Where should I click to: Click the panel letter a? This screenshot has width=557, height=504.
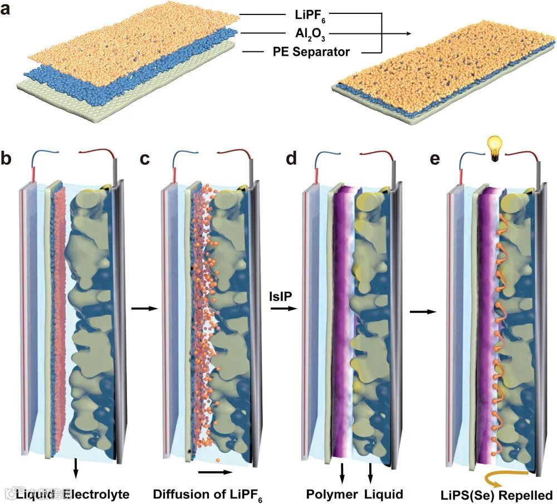pos(8,9)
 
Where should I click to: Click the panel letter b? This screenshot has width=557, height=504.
pos(8,159)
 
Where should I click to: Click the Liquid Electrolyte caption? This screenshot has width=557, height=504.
pos(72,494)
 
